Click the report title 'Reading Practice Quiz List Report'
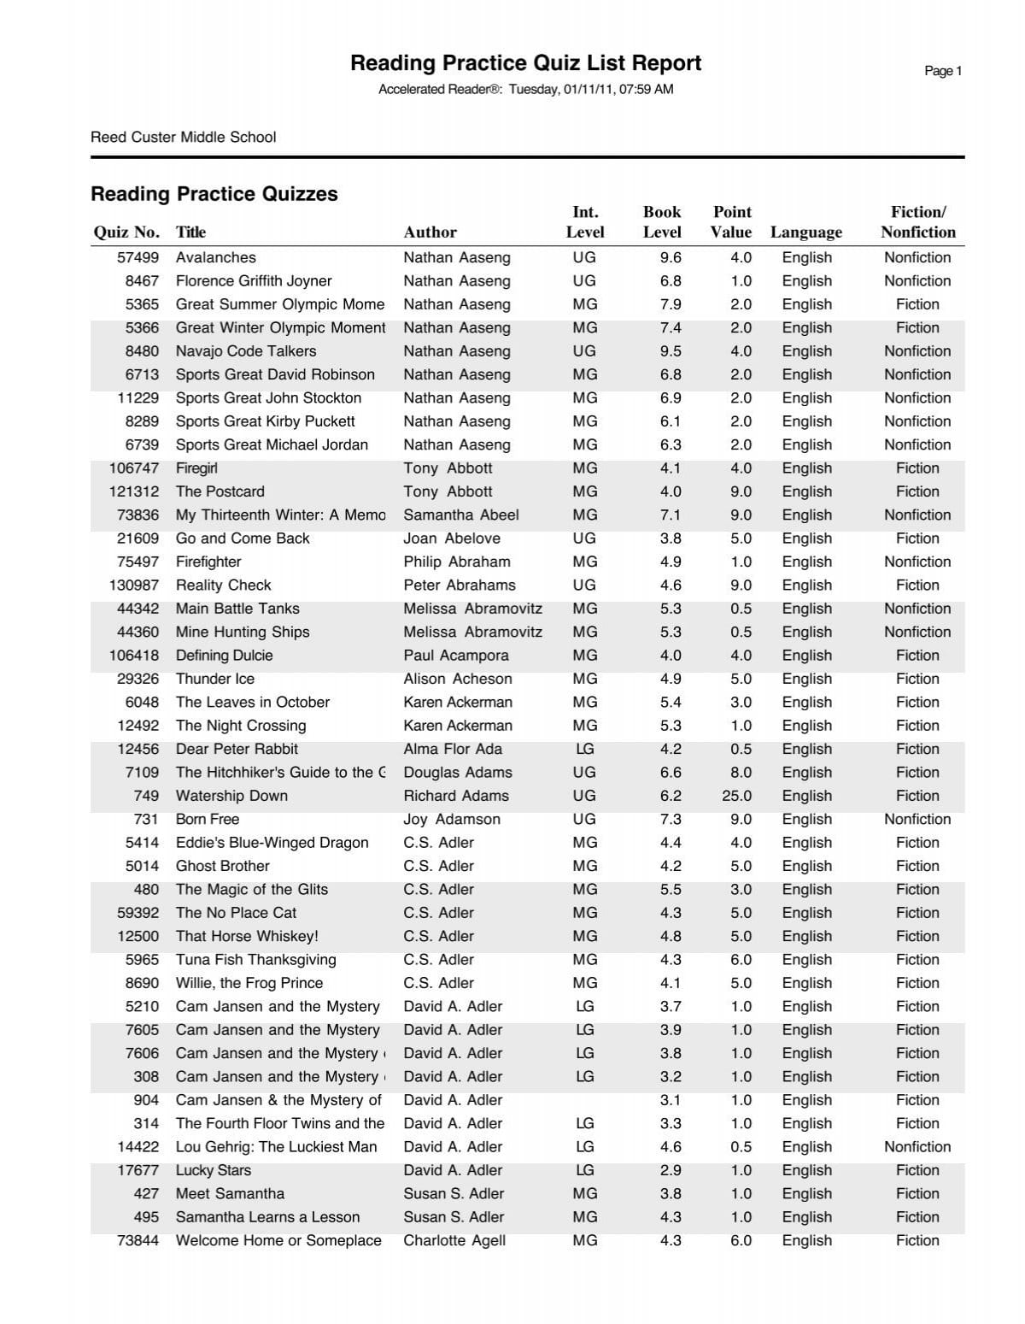[525, 63]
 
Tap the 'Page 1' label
[943, 71]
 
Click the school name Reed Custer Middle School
[183, 137]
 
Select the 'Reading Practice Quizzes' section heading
[214, 194]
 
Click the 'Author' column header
[430, 232]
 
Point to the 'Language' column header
[805, 232]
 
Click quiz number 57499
[138, 257]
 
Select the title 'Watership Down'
[231, 796]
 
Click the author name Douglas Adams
[458, 773]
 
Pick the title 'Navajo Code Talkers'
[246, 351]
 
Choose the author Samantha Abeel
[461, 515]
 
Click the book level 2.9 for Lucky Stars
[671, 1170]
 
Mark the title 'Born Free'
[208, 819]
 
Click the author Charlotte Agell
[454, 1240]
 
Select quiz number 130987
[134, 586]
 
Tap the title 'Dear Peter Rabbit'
[237, 749]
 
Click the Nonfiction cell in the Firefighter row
[917, 562]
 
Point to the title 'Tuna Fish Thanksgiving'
[256, 960]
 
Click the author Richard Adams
[456, 796]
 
